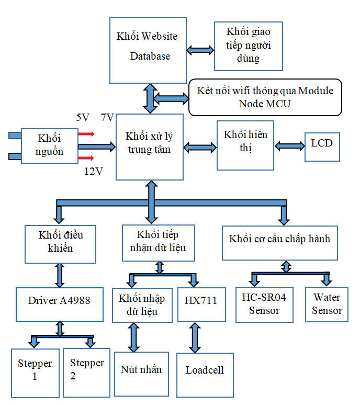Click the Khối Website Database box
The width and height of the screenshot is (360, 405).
coord(148,50)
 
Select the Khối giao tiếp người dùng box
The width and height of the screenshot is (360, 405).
coord(248,46)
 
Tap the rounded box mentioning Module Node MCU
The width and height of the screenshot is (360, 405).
coord(265,97)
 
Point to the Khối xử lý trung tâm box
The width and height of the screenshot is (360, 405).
coord(150,147)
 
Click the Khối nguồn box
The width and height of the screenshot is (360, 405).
coord(50,145)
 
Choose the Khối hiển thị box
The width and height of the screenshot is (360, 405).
coord(245,145)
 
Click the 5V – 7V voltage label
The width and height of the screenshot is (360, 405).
coord(94,118)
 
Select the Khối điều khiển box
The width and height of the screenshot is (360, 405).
coord(60,244)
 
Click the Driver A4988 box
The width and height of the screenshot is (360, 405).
coord(59,304)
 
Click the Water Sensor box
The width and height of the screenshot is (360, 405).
coord(327,304)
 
